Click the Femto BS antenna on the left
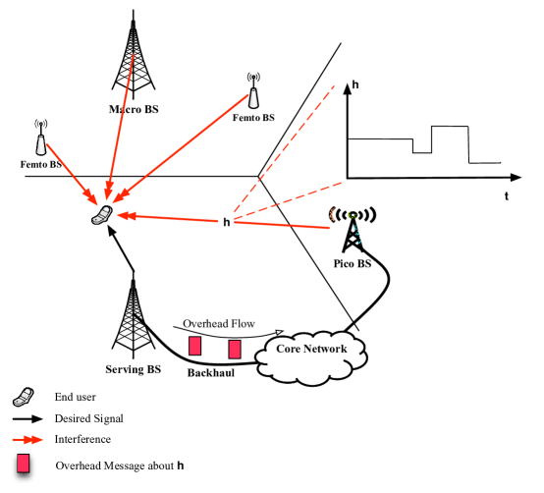click(40, 139)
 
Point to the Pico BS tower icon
click(350, 231)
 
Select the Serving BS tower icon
click(133, 315)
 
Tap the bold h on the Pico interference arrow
click(227, 223)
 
